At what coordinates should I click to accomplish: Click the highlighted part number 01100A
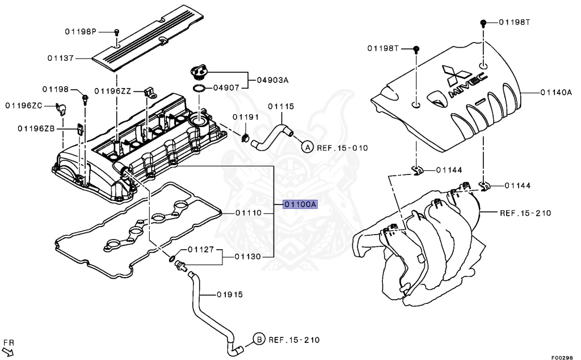pyautogui.click(x=300, y=204)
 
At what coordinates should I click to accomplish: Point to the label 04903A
pyautogui.click(x=269, y=80)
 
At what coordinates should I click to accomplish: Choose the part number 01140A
pyautogui.click(x=555, y=91)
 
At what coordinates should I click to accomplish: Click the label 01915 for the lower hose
pyautogui.click(x=229, y=294)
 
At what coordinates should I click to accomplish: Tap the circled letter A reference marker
pyautogui.click(x=306, y=148)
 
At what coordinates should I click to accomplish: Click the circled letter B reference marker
pyautogui.click(x=258, y=340)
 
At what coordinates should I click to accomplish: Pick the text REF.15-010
pyautogui.click(x=342, y=148)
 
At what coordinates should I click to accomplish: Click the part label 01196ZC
pyautogui.click(x=24, y=105)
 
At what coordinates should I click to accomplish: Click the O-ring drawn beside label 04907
pyautogui.click(x=199, y=89)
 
